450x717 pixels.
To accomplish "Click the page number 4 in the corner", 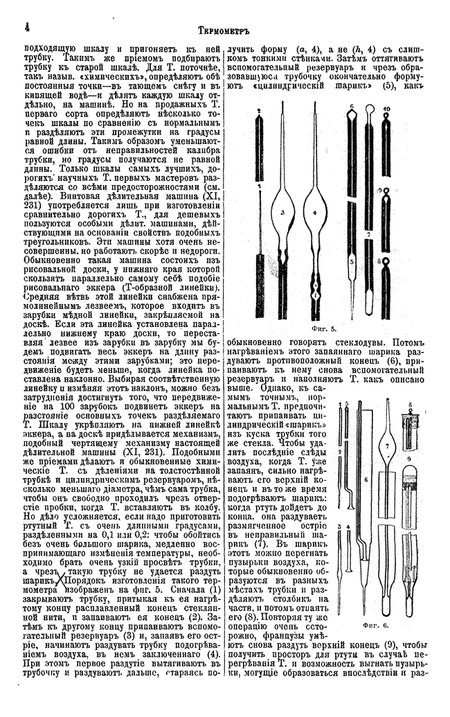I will pyautogui.click(x=26, y=28).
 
